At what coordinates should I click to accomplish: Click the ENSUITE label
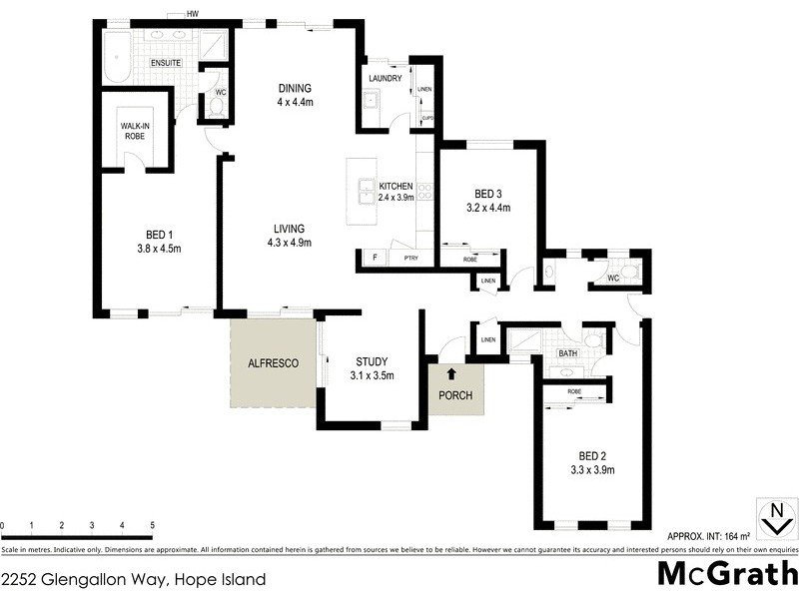(166, 64)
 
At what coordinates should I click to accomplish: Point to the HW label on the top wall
(191, 14)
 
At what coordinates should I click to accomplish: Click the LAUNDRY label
(385, 78)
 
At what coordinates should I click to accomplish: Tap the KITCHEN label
(396, 187)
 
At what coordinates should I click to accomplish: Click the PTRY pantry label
(410, 260)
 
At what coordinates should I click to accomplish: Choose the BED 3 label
(488, 194)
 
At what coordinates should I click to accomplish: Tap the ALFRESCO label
(274, 364)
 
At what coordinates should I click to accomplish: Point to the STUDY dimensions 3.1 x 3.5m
(372, 376)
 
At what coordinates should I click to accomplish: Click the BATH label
(567, 353)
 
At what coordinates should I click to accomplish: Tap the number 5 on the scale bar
(152, 525)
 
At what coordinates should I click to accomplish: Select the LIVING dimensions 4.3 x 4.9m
(290, 243)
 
